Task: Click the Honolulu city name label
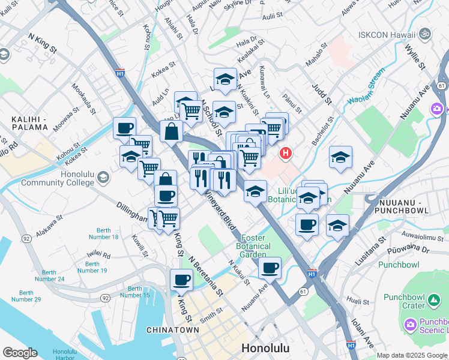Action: pos(265,348)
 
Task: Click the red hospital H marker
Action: pos(286,153)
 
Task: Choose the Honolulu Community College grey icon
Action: pos(103,177)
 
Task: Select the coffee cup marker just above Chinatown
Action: pos(181,279)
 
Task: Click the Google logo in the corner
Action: pos(20,353)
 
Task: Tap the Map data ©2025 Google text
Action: pos(412,355)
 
